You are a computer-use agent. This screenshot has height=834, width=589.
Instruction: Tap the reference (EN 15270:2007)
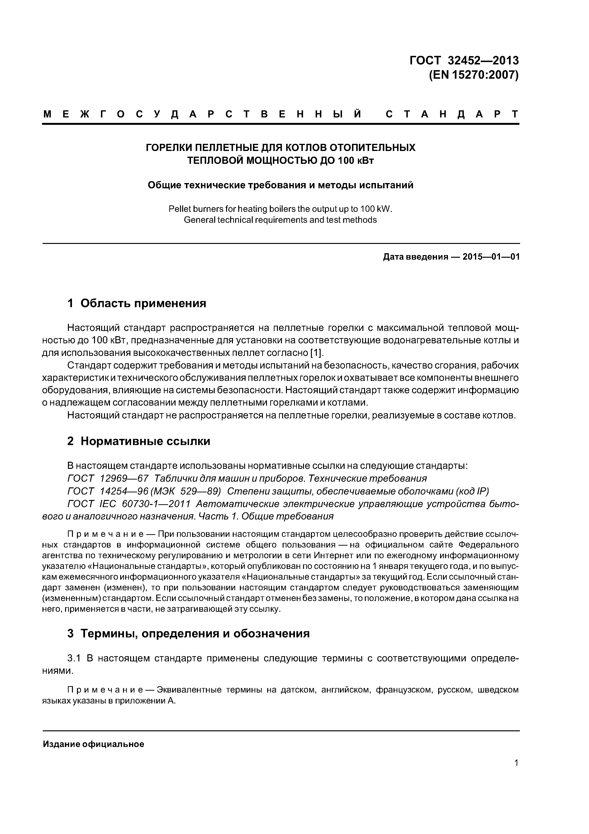pos(473,75)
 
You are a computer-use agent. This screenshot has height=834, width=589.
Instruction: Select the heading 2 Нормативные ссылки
pos(139,441)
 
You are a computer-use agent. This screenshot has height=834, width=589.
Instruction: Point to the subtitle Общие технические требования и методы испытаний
pos(280,185)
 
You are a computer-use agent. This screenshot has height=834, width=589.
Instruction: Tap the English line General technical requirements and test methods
pos(280,220)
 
